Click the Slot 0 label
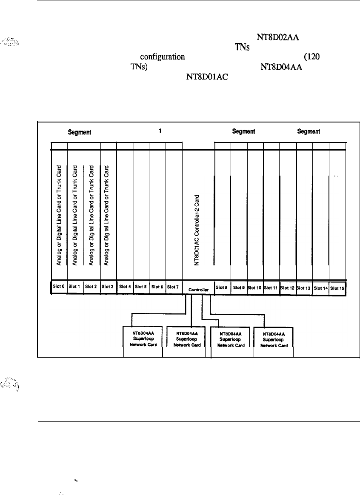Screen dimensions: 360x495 point(59,287)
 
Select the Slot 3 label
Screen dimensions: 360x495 point(108,287)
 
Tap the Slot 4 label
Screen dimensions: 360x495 point(125,287)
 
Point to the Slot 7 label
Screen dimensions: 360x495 point(173,287)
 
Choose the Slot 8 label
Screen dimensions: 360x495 point(222,287)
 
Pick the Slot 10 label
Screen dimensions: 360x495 point(255,287)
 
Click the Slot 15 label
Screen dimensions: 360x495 point(337,288)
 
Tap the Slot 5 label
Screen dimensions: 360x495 point(141,287)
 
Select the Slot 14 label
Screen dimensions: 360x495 point(320,288)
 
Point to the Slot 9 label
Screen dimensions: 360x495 point(239,287)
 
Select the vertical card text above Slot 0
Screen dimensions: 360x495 point(59,214)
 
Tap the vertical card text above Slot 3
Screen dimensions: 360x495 point(108,214)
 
